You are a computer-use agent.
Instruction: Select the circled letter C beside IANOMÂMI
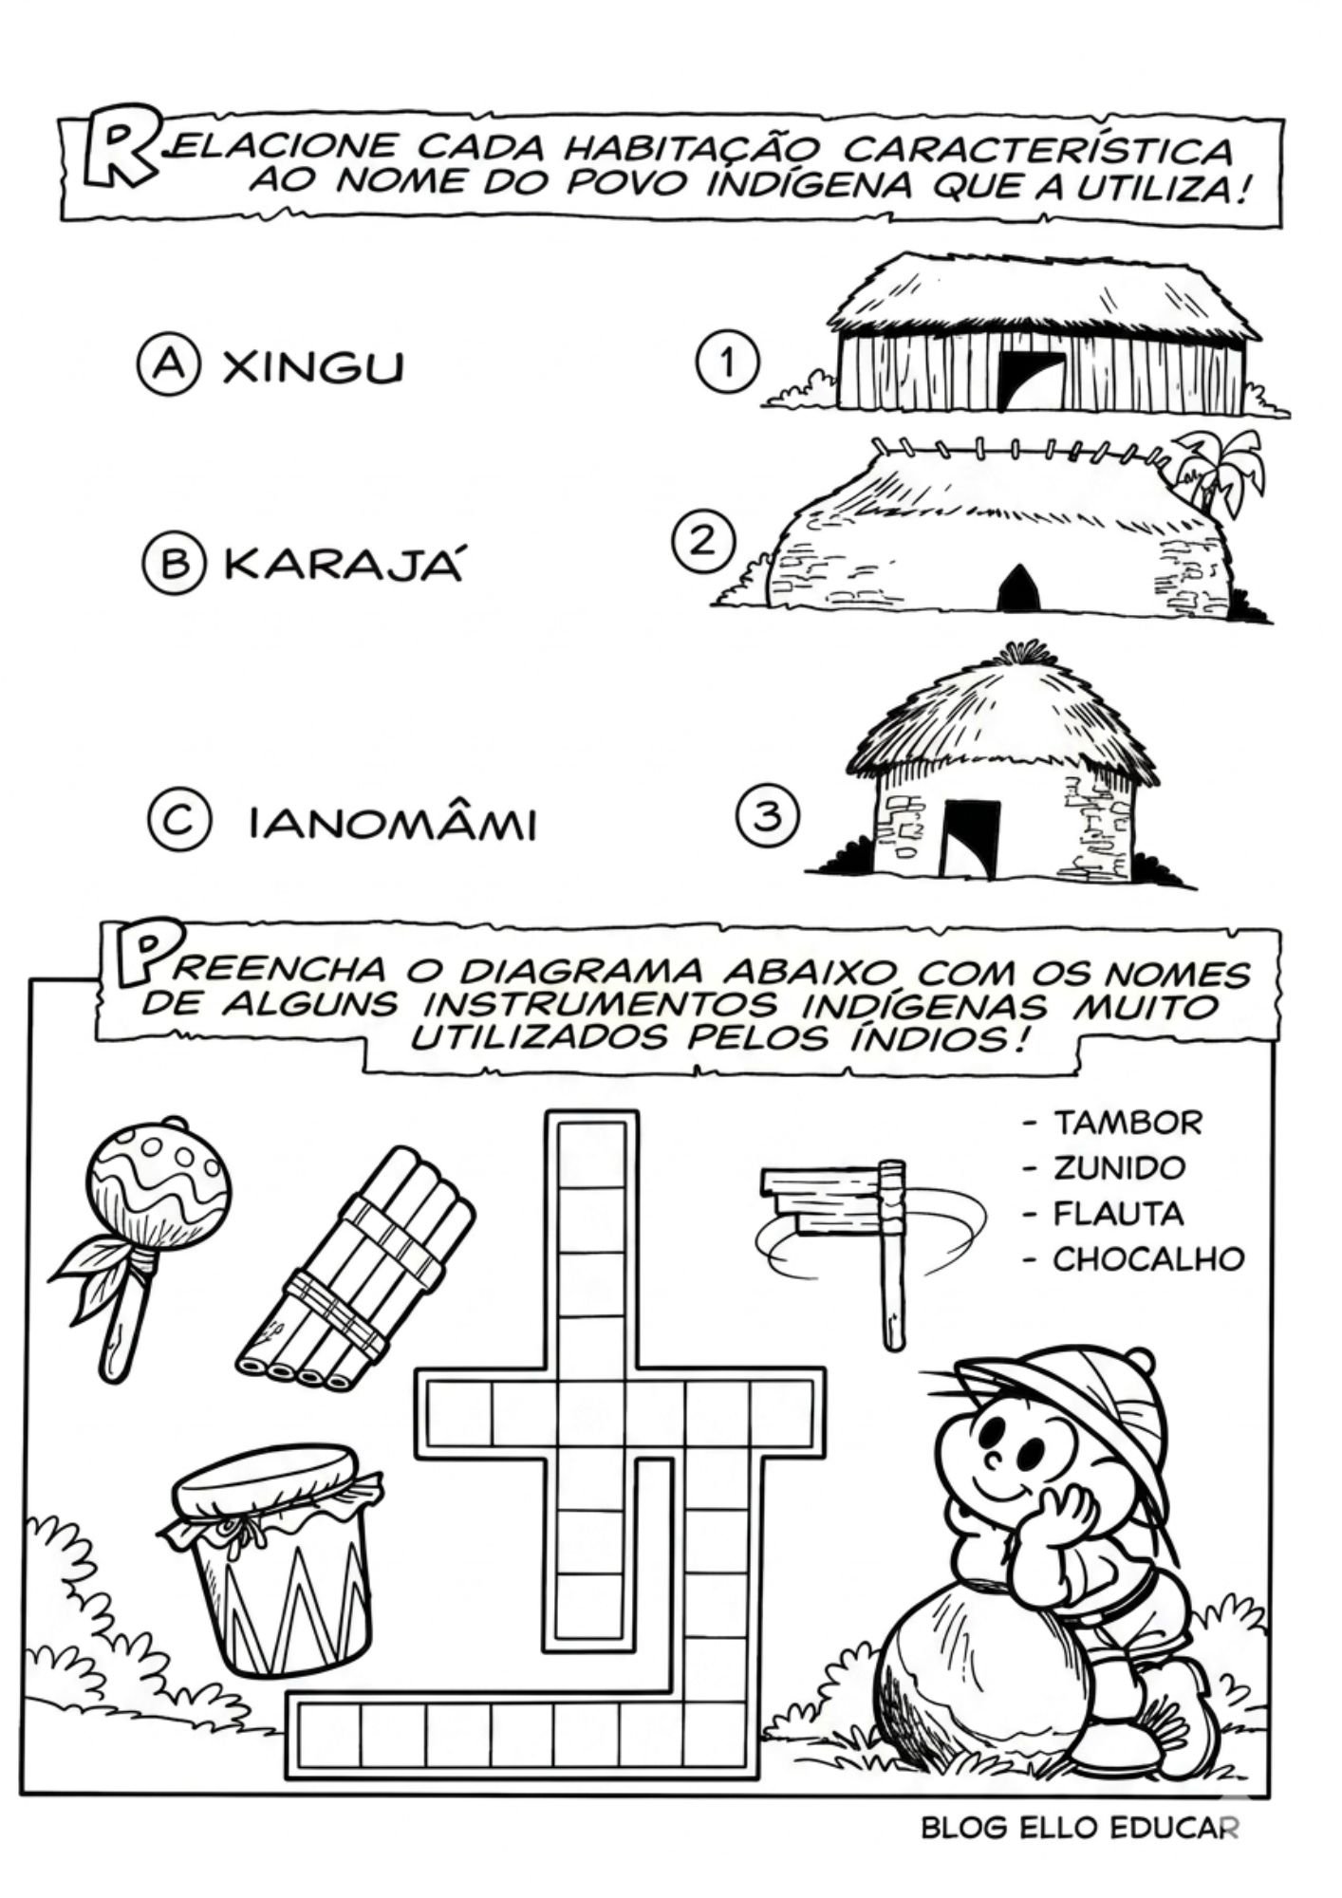[177, 822]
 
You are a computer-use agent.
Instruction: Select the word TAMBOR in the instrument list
[1128, 1123]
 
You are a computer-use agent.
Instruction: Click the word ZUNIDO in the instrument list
[1119, 1167]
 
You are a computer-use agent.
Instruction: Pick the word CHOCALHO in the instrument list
[1148, 1258]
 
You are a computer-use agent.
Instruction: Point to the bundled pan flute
[354, 1270]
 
